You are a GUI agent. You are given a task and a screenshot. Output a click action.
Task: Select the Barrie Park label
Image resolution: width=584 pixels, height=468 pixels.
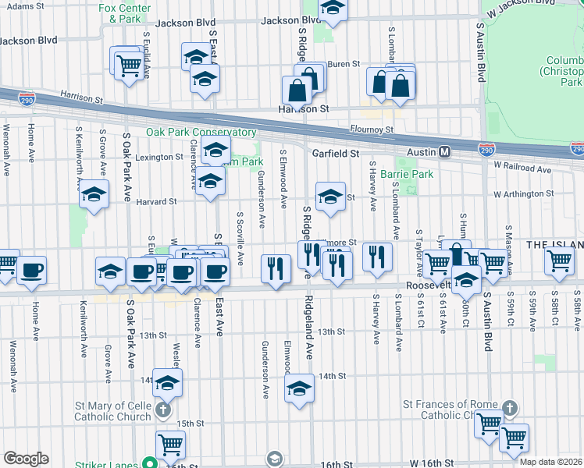[x=407, y=174]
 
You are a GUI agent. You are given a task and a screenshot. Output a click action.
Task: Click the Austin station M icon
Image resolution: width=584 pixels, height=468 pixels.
[x=444, y=151]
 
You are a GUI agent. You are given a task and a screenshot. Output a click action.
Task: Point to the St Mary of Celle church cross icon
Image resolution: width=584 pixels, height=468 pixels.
[x=162, y=409]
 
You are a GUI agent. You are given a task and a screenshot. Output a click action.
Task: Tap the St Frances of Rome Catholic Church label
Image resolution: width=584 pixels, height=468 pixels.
[x=449, y=409]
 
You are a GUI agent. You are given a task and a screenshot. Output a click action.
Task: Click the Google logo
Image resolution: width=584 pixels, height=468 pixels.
[x=26, y=459]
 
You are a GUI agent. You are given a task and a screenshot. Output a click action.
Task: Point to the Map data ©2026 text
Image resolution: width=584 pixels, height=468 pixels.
[x=550, y=462]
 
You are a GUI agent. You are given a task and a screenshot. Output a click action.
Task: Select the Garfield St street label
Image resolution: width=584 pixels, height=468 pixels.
[x=335, y=154]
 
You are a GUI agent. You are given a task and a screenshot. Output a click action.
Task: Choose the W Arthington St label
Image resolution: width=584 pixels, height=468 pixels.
[x=522, y=193]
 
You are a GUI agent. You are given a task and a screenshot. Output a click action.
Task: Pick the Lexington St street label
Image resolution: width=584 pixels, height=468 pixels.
[x=158, y=157]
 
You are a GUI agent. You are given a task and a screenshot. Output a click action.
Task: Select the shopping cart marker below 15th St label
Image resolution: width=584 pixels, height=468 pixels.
[x=170, y=445]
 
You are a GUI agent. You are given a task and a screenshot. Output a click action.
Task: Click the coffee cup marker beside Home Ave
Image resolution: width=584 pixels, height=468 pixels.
[x=31, y=270]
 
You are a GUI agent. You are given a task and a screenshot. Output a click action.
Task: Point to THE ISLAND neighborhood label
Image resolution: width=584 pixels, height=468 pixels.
[x=555, y=244]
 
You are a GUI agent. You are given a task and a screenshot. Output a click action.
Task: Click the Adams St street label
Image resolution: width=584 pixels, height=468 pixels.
[x=23, y=5]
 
